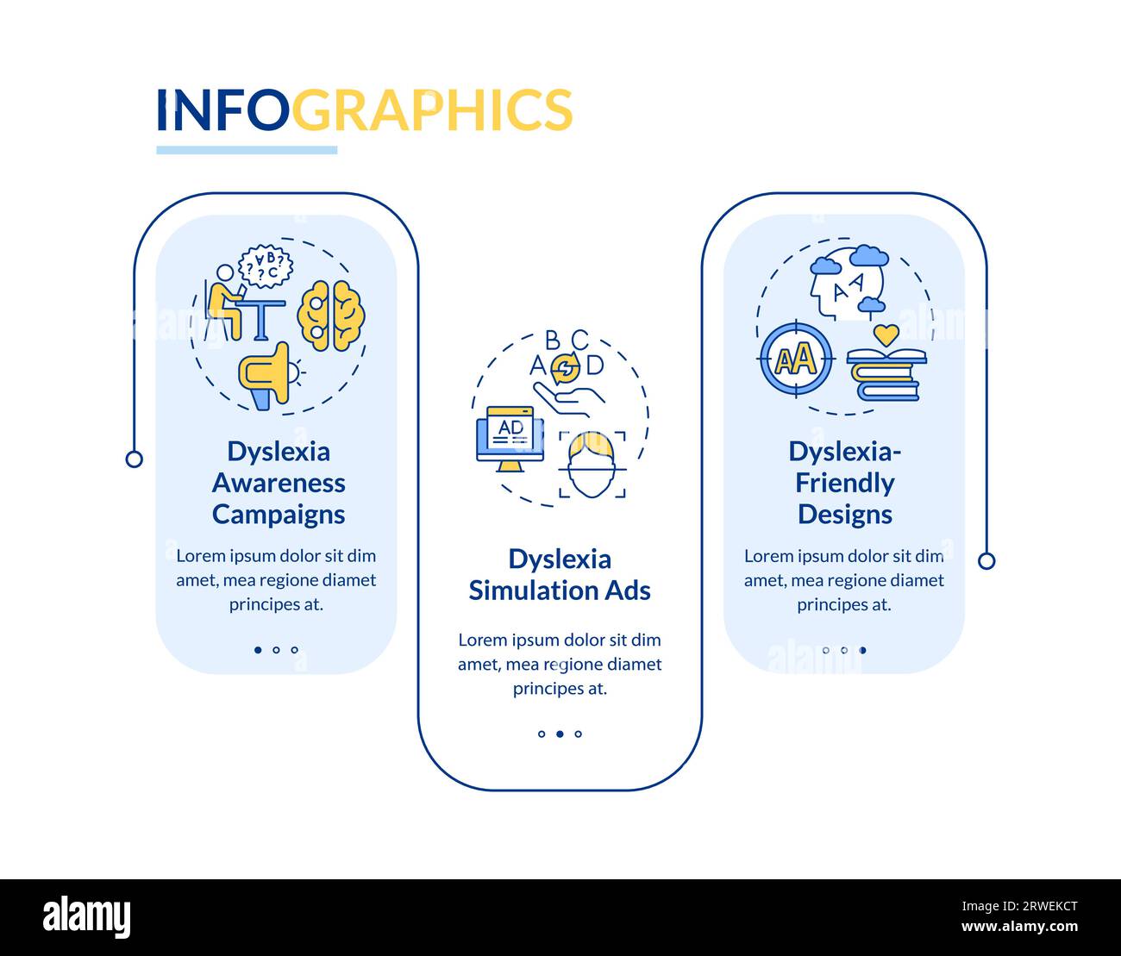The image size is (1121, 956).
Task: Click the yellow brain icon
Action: click(x=331, y=316)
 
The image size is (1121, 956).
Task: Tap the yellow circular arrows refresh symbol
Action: click(x=565, y=369)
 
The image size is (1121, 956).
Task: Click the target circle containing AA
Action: click(x=796, y=359)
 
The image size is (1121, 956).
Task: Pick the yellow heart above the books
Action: click(x=886, y=334)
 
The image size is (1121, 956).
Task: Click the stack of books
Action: click(x=886, y=375)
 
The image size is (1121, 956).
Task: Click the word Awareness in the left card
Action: click(x=279, y=483)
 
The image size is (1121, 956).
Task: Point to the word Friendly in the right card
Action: click(x=844, y=484)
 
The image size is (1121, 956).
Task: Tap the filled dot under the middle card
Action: click(x=560, y=734)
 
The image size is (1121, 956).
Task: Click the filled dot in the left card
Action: click(x=258, y=650)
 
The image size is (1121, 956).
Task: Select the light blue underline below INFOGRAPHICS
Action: click(x=247, y=150)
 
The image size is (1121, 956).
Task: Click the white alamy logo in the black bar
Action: click(x=87, y=915)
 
